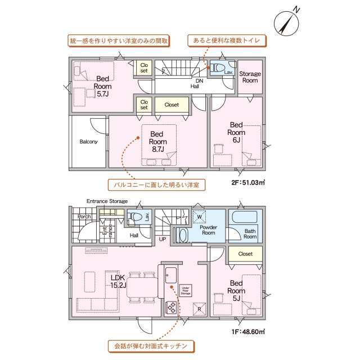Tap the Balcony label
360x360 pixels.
coord(88,142)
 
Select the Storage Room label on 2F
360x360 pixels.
coord(250,77)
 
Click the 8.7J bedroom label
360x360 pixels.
coord(156,142)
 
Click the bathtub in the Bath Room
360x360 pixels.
coord(243,218)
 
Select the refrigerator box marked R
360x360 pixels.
coord(198,309)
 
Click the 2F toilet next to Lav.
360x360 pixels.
coord(215,69)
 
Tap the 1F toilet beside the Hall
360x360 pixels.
coord(135,217)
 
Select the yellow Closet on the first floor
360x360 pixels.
coord(245,254)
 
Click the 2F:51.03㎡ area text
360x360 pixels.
coord(248,182)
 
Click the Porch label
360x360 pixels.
coord(84,216)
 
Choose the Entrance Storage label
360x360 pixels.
coord(107,201)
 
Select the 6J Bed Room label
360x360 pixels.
coord(236,132)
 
